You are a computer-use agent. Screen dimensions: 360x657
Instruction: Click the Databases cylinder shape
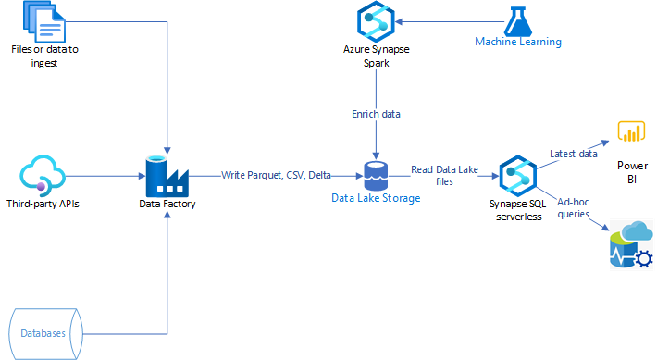pos(43,330)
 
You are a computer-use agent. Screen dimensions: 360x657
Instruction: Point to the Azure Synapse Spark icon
pos(376,21)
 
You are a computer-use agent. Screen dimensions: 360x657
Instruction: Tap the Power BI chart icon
pos(632,132)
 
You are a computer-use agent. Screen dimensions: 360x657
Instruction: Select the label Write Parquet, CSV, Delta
pos(277,174)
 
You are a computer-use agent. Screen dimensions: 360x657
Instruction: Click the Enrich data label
pos(376,114)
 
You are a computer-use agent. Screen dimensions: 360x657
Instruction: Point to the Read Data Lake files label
pos(447,176)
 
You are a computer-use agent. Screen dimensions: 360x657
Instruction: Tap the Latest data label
pos(574,154)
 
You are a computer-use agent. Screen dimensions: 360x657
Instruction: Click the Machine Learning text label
pos(517,42)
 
